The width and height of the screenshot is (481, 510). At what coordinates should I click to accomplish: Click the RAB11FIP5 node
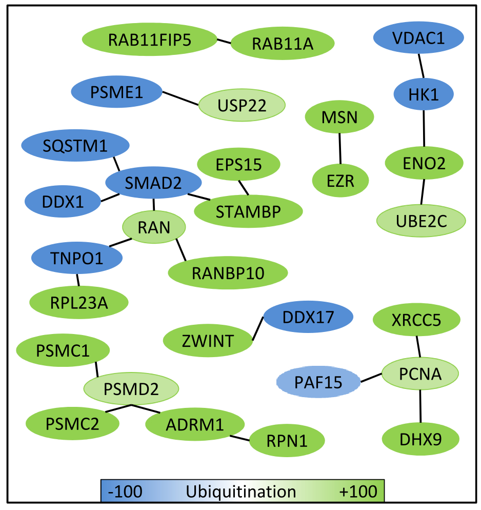click(150, 40)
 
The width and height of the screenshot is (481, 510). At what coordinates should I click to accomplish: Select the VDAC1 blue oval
click(418, 37)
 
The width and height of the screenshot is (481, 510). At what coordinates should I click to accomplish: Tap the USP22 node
click(242, 105)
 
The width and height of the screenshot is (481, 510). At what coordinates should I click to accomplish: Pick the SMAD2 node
click(153, 183)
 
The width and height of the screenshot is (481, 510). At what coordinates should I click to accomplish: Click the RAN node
click(154, 227)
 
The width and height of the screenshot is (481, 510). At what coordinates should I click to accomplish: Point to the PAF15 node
click(318, 382)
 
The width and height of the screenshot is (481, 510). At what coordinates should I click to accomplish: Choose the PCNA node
click(420, 374)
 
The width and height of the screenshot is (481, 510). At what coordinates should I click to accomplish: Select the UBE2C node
click(421, 221)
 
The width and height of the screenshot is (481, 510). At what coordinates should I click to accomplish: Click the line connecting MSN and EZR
click(340, 149)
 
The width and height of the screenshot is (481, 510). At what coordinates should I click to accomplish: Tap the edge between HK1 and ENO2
click(424, 128)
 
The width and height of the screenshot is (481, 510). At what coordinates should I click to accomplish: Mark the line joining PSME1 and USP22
click(181, 99)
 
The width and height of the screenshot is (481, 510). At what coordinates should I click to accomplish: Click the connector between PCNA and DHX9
click(420, 406)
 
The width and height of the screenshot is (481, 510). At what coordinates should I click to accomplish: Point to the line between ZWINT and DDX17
click(258, 328)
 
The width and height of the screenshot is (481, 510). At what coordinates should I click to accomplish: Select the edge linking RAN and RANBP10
click(181, 250)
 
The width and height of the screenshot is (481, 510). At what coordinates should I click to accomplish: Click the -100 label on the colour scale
click(125, 492)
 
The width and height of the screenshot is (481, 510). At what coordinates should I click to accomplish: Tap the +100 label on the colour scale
click(358, 492)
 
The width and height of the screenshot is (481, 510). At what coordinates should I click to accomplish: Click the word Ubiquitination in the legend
click(241, 492)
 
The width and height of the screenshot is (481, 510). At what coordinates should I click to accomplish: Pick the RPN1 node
click(287, 441)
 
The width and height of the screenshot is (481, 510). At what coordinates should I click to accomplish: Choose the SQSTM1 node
click(75, 145)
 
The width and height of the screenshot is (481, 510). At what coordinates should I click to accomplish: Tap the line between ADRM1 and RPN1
click(239, 438)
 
